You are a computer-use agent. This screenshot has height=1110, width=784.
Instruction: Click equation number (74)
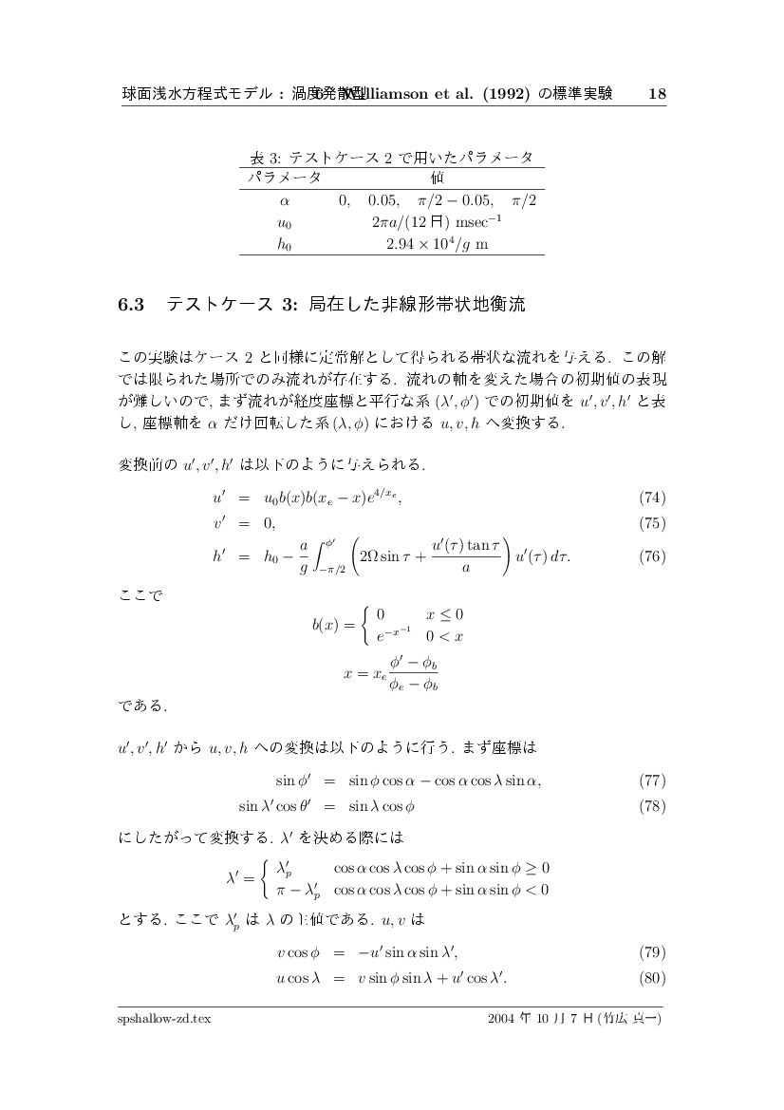(x=652, y=498)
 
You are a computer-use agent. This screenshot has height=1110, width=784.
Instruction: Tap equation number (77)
(x=652, y=781)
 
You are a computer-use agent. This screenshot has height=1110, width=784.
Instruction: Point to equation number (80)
(x=652, y=978)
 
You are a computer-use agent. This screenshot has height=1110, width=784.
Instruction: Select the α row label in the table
(x=284, y=200)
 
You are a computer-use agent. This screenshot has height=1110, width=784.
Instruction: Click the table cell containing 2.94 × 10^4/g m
(x=437, y=244)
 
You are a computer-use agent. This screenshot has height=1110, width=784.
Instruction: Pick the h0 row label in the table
(x=284, y=244)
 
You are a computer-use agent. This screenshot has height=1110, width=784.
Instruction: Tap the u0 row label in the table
(x=284, y=222)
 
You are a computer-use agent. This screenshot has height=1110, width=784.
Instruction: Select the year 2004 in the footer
(x=500, y=1020)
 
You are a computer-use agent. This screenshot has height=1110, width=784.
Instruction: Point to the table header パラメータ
(x=285, y=178)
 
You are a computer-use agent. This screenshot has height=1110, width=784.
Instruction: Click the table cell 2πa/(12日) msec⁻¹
(x=437, y=222)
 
